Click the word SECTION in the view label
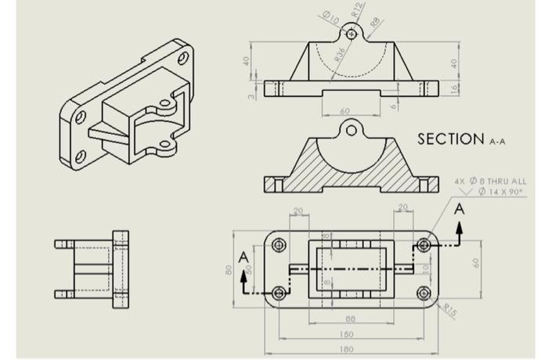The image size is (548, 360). (450, 139)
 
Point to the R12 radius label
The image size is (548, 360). (358, 10)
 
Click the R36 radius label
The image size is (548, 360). (340, 53)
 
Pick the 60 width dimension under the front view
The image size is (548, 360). (344, 111)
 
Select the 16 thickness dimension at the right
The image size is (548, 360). (455, 88)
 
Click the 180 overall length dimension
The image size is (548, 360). (346, 349)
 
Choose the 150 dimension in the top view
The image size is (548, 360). (346, 334)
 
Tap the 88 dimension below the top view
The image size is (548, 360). (350, 319)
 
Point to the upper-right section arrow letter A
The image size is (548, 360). (460, 209)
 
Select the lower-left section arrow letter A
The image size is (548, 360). (243, 257)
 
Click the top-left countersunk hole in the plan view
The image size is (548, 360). (279, 245)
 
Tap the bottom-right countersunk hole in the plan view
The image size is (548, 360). (424, 294)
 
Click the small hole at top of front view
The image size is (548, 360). (352, 34)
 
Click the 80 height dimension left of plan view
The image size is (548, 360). (229, 270)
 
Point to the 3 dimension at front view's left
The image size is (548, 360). (252, 95)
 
